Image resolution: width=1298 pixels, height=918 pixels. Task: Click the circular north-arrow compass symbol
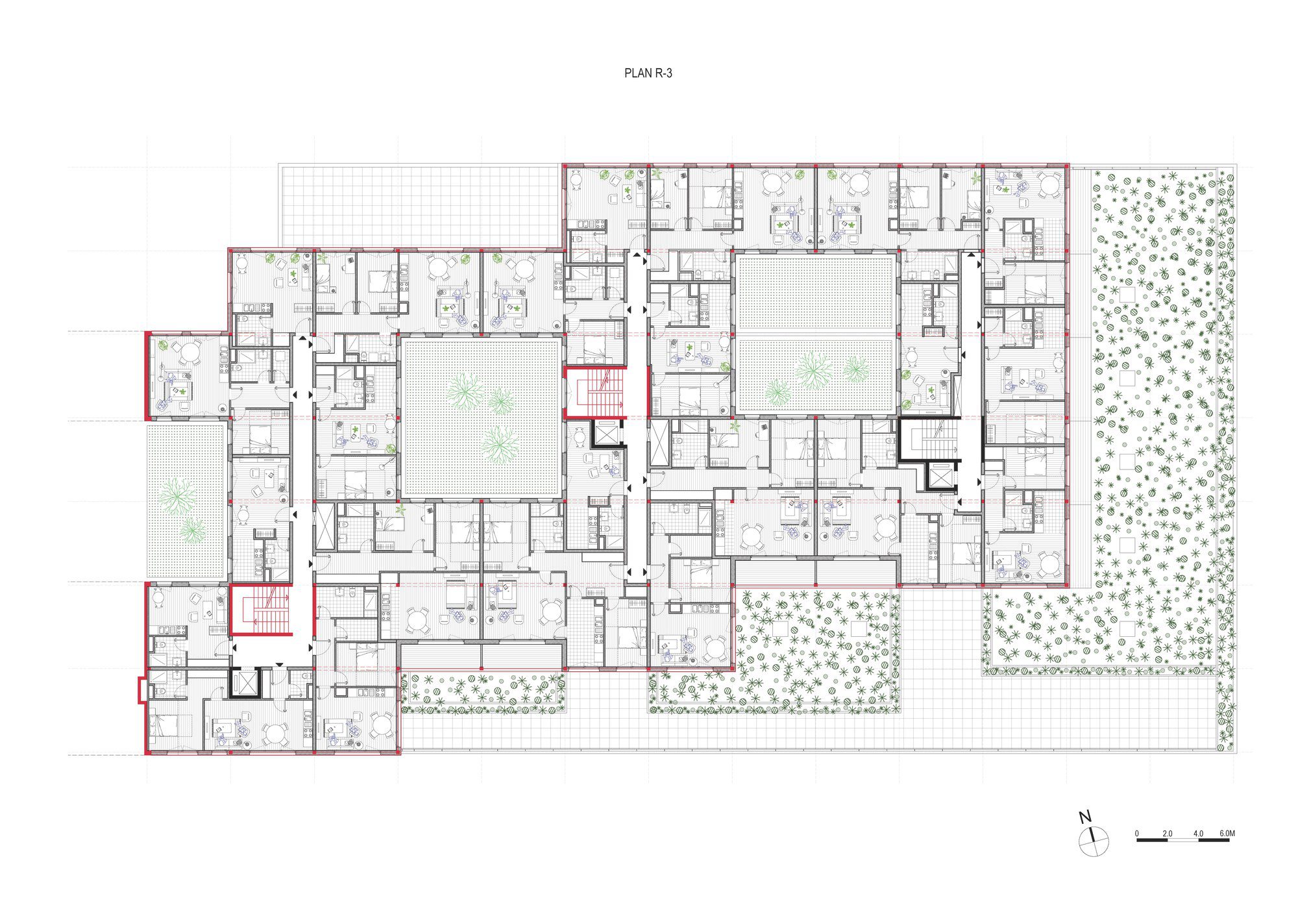(1094, 842)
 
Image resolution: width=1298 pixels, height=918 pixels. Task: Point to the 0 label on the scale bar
(1137, 834)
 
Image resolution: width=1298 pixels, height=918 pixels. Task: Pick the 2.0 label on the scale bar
(1168, 834)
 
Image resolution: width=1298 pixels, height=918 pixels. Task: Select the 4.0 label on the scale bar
(1198, 834)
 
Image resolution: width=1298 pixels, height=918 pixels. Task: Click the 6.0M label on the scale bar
(1227, 834)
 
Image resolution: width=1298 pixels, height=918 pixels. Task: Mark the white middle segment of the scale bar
(1182, 841)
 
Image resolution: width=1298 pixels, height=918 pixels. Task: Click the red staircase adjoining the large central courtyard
(594, 393)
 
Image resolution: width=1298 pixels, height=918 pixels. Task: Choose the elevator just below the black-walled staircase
(940, 477)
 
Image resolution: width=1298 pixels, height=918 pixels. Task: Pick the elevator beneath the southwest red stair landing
(243, 681)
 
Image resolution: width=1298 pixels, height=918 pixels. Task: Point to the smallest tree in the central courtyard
(500, 401)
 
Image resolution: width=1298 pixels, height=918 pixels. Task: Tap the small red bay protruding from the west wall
(140, 689)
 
